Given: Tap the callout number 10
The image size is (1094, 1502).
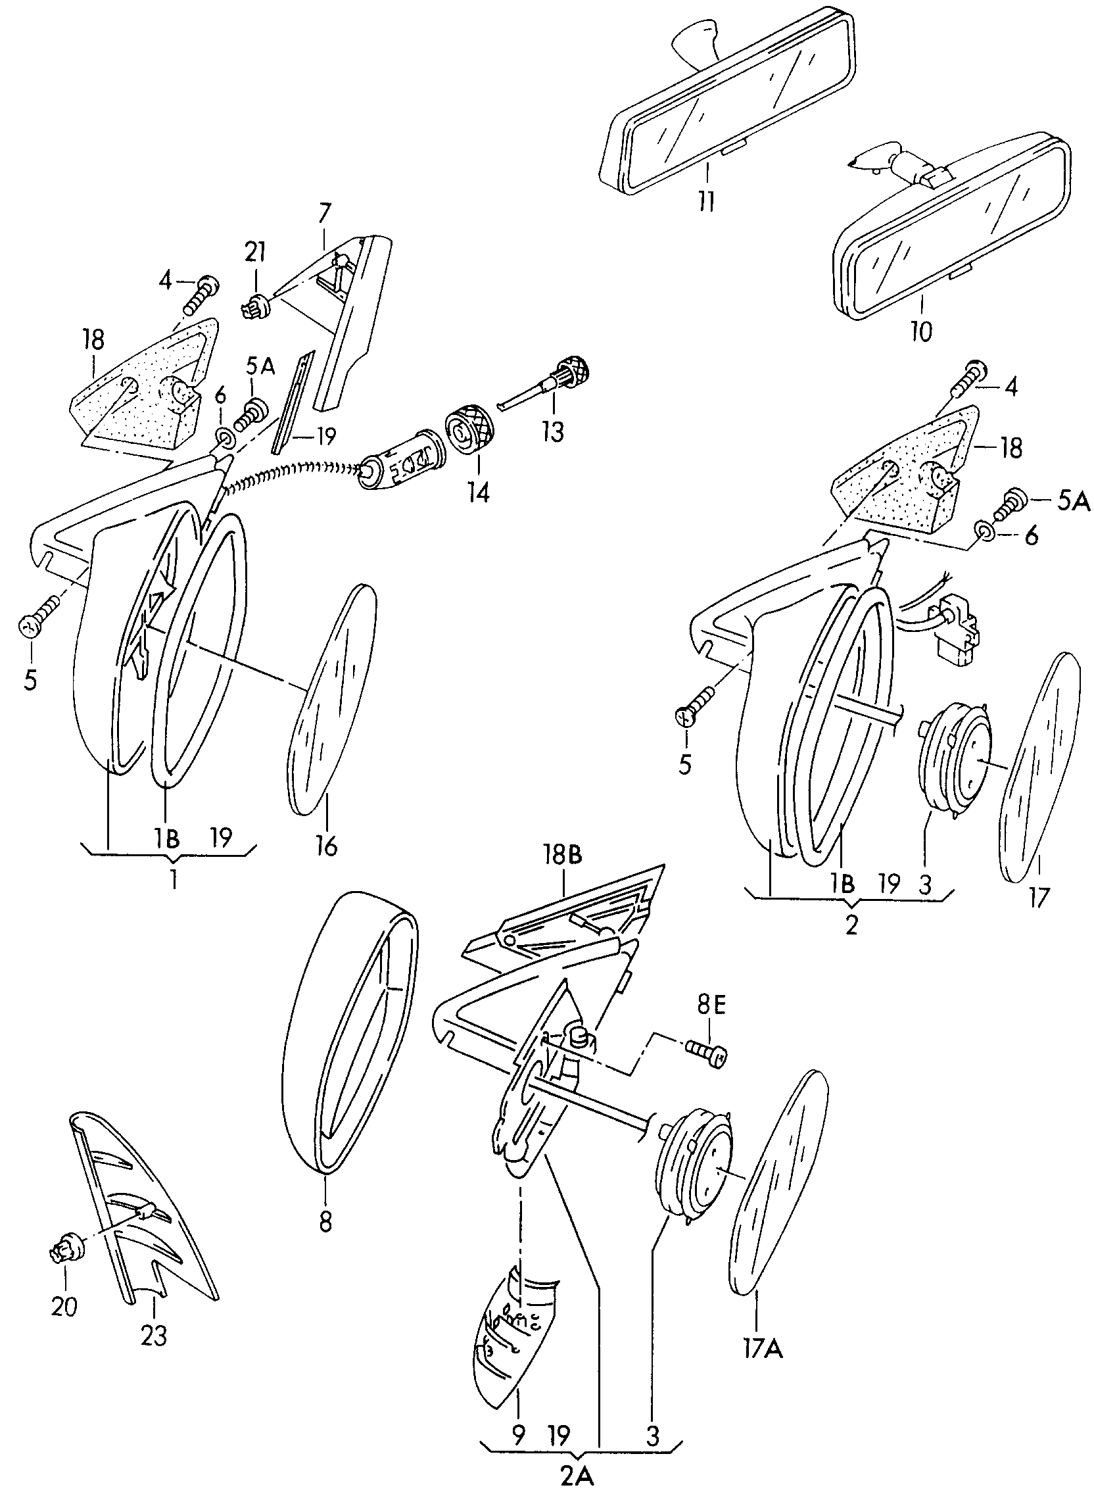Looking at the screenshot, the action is [x=921, y=331].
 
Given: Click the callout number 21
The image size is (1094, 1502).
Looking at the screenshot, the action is [x=255, y=253].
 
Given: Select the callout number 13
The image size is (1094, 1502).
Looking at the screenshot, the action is [x=552, y=432].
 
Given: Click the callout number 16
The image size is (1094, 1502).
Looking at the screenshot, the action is [x=327, y=846].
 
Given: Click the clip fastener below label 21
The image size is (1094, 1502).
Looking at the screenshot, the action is [x=256, y=305].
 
